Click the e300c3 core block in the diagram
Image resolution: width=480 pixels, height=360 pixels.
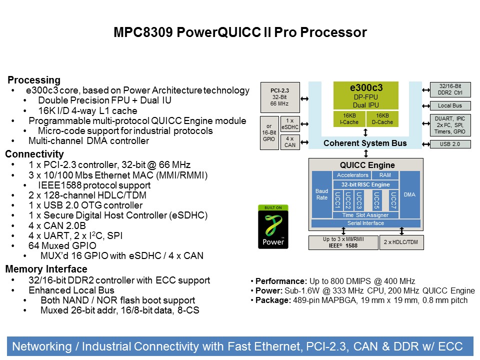pos(365,95)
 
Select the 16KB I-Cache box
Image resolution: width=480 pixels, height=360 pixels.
pos(349,118)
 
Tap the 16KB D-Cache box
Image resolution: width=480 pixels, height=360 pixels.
pos(382,118)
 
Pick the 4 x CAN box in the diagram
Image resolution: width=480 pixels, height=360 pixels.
pos(290,141)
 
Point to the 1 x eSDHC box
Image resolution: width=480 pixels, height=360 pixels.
pos(290,124)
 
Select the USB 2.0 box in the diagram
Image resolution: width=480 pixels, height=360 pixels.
pos(450,144)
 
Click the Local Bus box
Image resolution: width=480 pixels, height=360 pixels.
pos(450,106)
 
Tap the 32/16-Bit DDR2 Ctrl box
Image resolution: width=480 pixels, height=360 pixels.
pos(450,89)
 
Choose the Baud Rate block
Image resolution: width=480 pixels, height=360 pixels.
pos(321,194)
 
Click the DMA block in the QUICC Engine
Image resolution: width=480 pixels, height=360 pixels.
pos(410,194)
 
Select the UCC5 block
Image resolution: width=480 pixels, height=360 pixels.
pos(377,200)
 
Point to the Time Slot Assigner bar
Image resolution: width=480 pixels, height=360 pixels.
pos(365,215)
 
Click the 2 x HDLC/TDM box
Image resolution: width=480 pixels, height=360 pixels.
pos(401,242)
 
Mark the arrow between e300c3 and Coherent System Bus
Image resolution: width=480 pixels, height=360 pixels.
pos(365,132)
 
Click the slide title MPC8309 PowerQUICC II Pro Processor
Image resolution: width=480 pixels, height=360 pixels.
pos(240,33)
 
